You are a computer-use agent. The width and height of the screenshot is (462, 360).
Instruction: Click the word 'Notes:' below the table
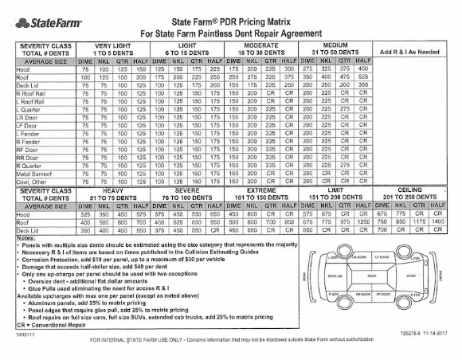(x=25, y=237)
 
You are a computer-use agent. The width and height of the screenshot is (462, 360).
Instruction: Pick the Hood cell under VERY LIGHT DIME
(x=84, y=70)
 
